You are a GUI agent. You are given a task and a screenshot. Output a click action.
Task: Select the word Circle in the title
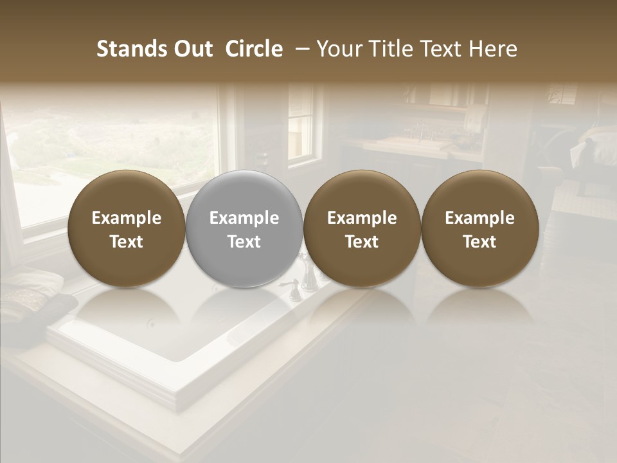[x=254, y=49]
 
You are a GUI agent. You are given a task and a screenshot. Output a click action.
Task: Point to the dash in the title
[x=300, y=49]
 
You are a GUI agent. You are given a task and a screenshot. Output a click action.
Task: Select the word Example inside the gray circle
[x=244, y=218]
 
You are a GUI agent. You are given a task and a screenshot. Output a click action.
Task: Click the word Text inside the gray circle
[x=244, y=242]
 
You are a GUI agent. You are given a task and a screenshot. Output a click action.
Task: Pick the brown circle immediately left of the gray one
[x=126, y=229]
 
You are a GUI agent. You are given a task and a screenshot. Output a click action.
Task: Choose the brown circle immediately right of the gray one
[x=362, y=229]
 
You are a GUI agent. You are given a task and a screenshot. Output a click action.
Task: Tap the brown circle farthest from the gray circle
[x=479, y=229]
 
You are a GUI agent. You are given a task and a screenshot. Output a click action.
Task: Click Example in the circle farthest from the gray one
[x=479, y=218]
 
